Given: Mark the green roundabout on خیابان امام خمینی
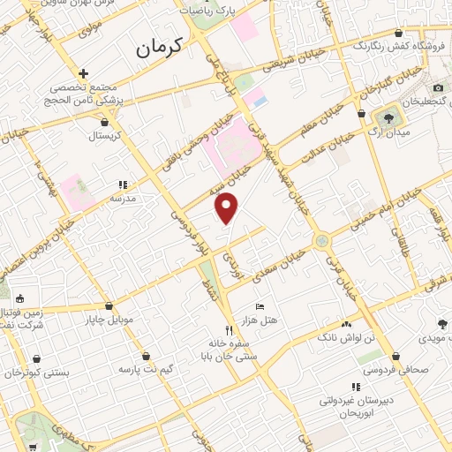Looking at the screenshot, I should click(x=321, y=239).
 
